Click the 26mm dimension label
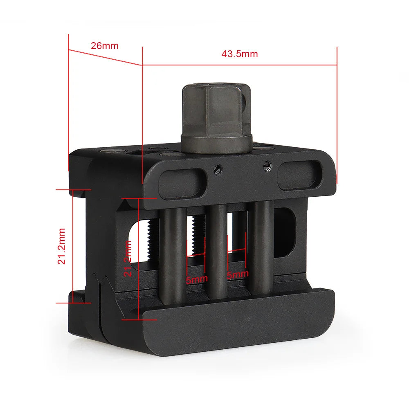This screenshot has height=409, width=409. (x=104, y=45)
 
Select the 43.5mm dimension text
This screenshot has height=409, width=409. (x=240, y=54)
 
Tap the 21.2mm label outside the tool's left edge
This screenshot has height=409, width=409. (x=61, y=246)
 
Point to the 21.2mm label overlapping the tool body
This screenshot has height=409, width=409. (x=128, y=258)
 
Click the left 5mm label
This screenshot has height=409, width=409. (x=197, y=280)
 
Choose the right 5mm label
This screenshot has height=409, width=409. (x=237, y=275)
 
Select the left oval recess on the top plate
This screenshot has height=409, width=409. (x=180, y=184)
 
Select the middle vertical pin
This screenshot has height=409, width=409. (x=217, y=252)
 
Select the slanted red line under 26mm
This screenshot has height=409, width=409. (x=105, y=57)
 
